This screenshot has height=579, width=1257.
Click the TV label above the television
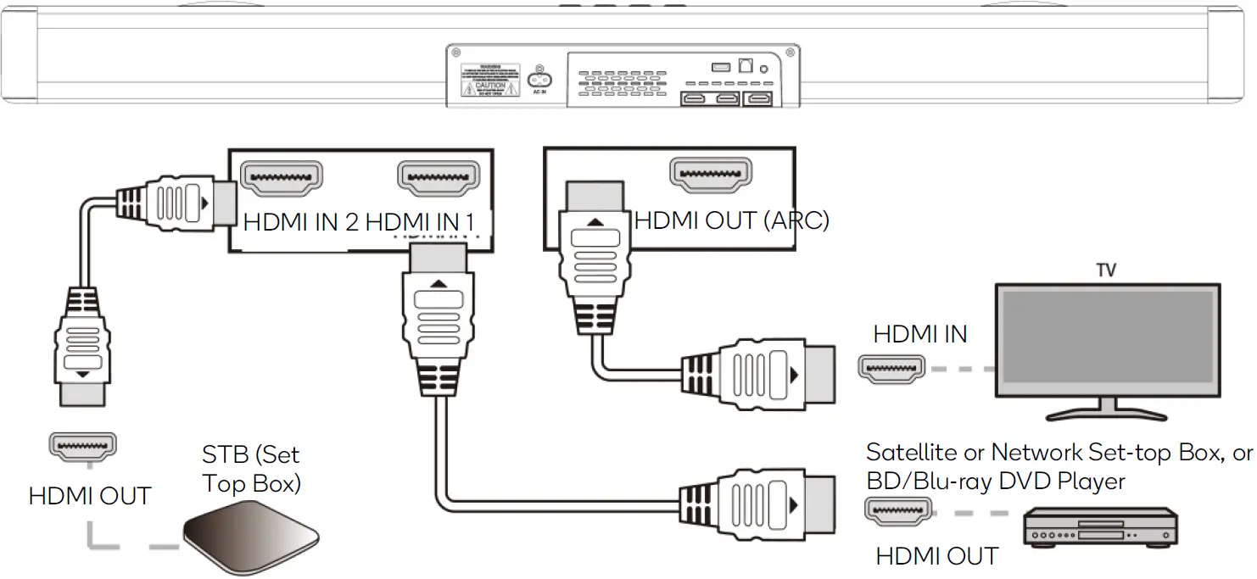(x=1105, y=270)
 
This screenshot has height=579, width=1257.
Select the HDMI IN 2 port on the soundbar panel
(x=282, y=176)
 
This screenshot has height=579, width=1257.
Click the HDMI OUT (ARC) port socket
(x=711, y=174)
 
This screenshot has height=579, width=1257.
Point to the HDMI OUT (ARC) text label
(x=731, y=220)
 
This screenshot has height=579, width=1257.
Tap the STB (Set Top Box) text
(x=252, y=469)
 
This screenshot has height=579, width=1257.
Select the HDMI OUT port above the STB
(x=83, y=444)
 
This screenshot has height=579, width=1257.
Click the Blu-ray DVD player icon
(x=1100, y=526)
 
